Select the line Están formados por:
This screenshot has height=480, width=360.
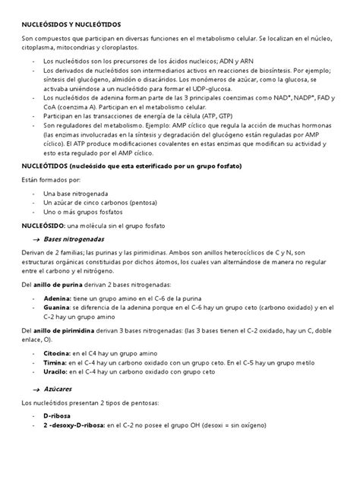pyautogui.click(x=50, y=181)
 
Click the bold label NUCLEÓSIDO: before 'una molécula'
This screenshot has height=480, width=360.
pyautogui.click(x=43, y=226)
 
